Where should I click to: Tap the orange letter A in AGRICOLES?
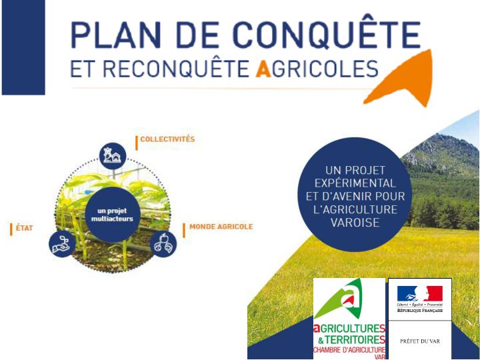pos(263,69)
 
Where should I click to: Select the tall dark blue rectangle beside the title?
pos(23,47)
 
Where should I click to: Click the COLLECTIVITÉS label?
pos(167,139)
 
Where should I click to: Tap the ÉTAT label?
pos(25,229)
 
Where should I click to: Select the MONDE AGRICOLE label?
pos(221,227)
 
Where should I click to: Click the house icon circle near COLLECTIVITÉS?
pos(113,156)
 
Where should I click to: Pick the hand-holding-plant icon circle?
pos(62,244)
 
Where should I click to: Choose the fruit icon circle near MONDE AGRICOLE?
pos(163,244)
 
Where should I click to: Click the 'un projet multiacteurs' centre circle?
pos(113,215)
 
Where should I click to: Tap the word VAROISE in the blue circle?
pos(355,223)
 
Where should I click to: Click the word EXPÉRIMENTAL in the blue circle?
pos(355,183)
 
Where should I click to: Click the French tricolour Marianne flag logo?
pos(420,293)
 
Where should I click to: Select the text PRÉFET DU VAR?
pos(420,341)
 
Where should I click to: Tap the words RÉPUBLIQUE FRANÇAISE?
pos(420,311)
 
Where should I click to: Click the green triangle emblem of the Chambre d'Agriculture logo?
pos(340,299)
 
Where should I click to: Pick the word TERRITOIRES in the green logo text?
pos(355,340)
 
